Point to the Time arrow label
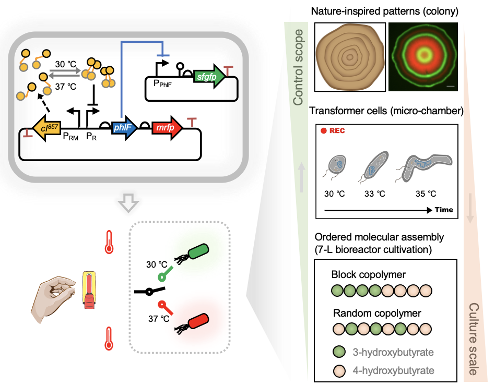pos(443,210)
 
